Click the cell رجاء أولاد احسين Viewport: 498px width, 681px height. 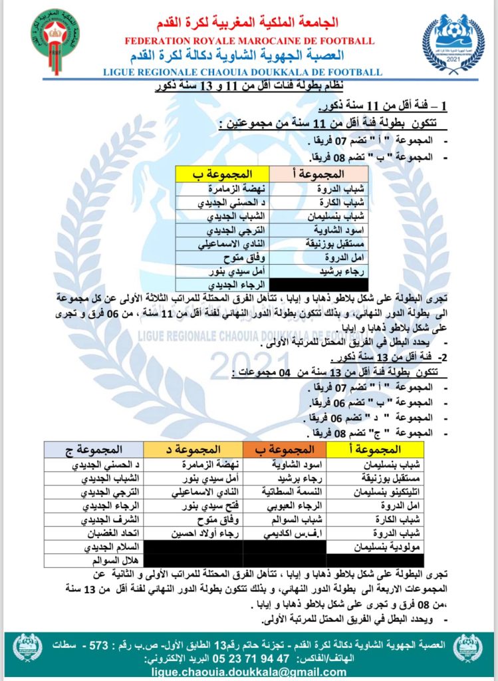[196, 533]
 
